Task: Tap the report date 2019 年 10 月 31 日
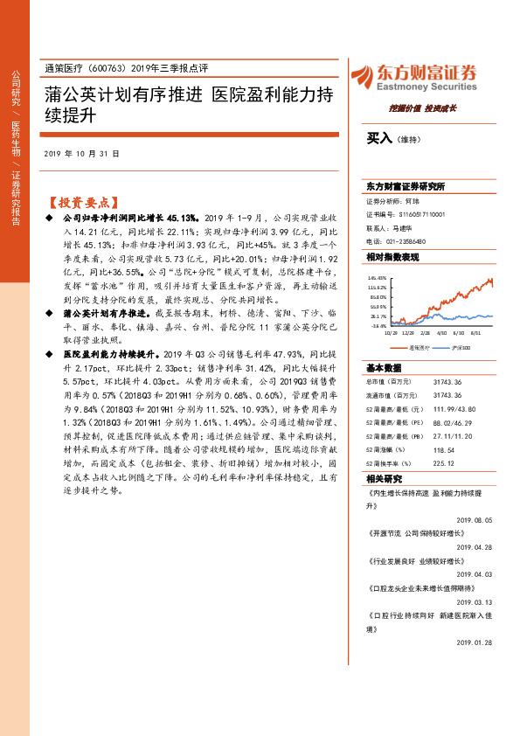pyautogui.click(x=81, y=153)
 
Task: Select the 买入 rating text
pyautogui.click(x=378, y=138)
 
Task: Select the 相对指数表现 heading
pyautogui.click(x=392, y=257)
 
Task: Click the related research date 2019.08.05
pyautogui.click(x=475, y=518)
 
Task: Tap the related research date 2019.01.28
pyautogui.click(x=475, y=642)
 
